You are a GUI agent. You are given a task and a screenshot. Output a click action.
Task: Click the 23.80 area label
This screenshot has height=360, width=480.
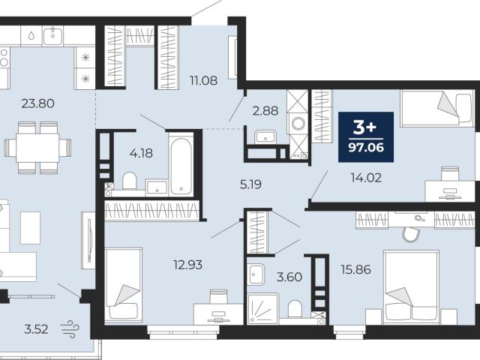click(x=38, y=103)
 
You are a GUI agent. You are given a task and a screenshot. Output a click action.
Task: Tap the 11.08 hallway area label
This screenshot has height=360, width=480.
click(x=203, y=81)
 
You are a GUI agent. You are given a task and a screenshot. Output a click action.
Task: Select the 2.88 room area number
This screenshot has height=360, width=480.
click(x=265, y=110)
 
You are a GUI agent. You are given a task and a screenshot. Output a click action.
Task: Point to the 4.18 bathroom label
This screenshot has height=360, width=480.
click(x=141, y=153)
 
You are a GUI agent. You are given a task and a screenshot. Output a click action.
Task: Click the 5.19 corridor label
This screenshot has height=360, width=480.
click(x=250, y=184)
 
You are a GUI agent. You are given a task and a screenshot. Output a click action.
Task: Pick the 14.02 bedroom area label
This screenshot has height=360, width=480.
click(x=366, y=178)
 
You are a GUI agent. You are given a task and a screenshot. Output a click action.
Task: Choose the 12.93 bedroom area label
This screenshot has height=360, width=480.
click(x=187, y=265)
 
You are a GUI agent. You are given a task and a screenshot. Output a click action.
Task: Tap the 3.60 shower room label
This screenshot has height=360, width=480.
click(x=289, y=277)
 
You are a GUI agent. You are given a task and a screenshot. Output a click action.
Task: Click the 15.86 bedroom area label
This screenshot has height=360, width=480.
click(x=355, y=270)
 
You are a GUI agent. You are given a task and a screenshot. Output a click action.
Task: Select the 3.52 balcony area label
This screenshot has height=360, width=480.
click(x=36, y=329)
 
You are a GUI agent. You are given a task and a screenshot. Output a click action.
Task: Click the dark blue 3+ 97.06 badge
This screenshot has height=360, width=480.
click(x=366, y=136)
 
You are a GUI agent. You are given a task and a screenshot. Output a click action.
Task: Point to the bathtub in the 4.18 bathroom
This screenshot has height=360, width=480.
click(x=181, y=164)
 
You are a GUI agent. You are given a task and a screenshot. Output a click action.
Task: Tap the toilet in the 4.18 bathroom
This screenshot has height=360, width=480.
click(x=130, y=181)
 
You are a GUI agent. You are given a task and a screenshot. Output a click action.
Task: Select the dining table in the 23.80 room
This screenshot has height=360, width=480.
click(x=37, y=148)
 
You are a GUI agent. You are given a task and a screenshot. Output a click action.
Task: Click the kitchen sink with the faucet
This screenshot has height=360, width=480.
click(x=53, y=36)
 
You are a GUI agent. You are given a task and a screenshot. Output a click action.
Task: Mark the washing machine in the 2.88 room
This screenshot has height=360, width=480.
click(x=298, y=124)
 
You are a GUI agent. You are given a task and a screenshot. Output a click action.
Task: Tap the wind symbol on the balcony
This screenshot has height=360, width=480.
click(x=70, y=329)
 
